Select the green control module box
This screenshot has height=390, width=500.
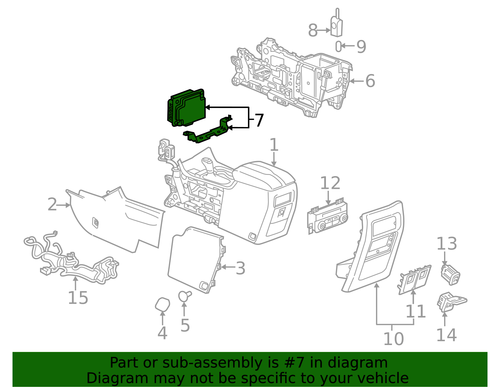click(186, 108)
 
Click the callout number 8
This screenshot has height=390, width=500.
click(312, 30)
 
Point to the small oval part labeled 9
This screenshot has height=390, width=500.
click(338, 47)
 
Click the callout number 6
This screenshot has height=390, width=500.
click(370, 81)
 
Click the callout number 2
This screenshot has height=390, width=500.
click(52, 204)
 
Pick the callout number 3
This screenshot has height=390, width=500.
click(241, 268)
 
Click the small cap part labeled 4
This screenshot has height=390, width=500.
click(162, 304)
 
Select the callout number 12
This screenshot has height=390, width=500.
click(330, 183)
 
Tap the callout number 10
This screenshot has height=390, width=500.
click(393, 339)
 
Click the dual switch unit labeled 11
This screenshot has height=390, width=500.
click(414, 279)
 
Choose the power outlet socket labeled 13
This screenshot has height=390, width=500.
click(450, 275)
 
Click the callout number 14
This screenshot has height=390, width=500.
click(446, 335)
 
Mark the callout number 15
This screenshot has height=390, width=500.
click(78, 298)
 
